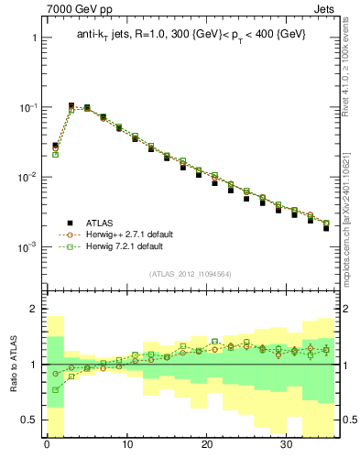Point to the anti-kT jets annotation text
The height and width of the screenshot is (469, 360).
click(x=191, y=35)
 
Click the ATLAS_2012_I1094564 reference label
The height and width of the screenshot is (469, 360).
click(x=191, y=273)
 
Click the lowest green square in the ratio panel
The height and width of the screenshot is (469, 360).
click(x=55, y=390)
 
